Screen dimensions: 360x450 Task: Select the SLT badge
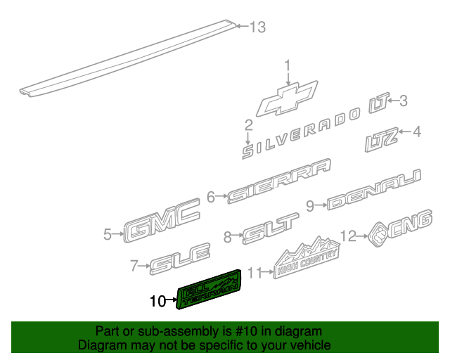[x=271, y=229]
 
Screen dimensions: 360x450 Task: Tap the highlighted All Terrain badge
[x=210, y=289]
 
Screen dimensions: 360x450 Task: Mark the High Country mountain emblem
[x=307, y=257]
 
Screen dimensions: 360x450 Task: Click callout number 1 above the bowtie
[x=287, y=66]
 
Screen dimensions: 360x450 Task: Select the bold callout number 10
[x=158, y=302]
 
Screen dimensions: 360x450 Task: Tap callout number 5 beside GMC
[x=107, y=234]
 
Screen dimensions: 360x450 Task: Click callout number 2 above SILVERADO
[x=248, y=126]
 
